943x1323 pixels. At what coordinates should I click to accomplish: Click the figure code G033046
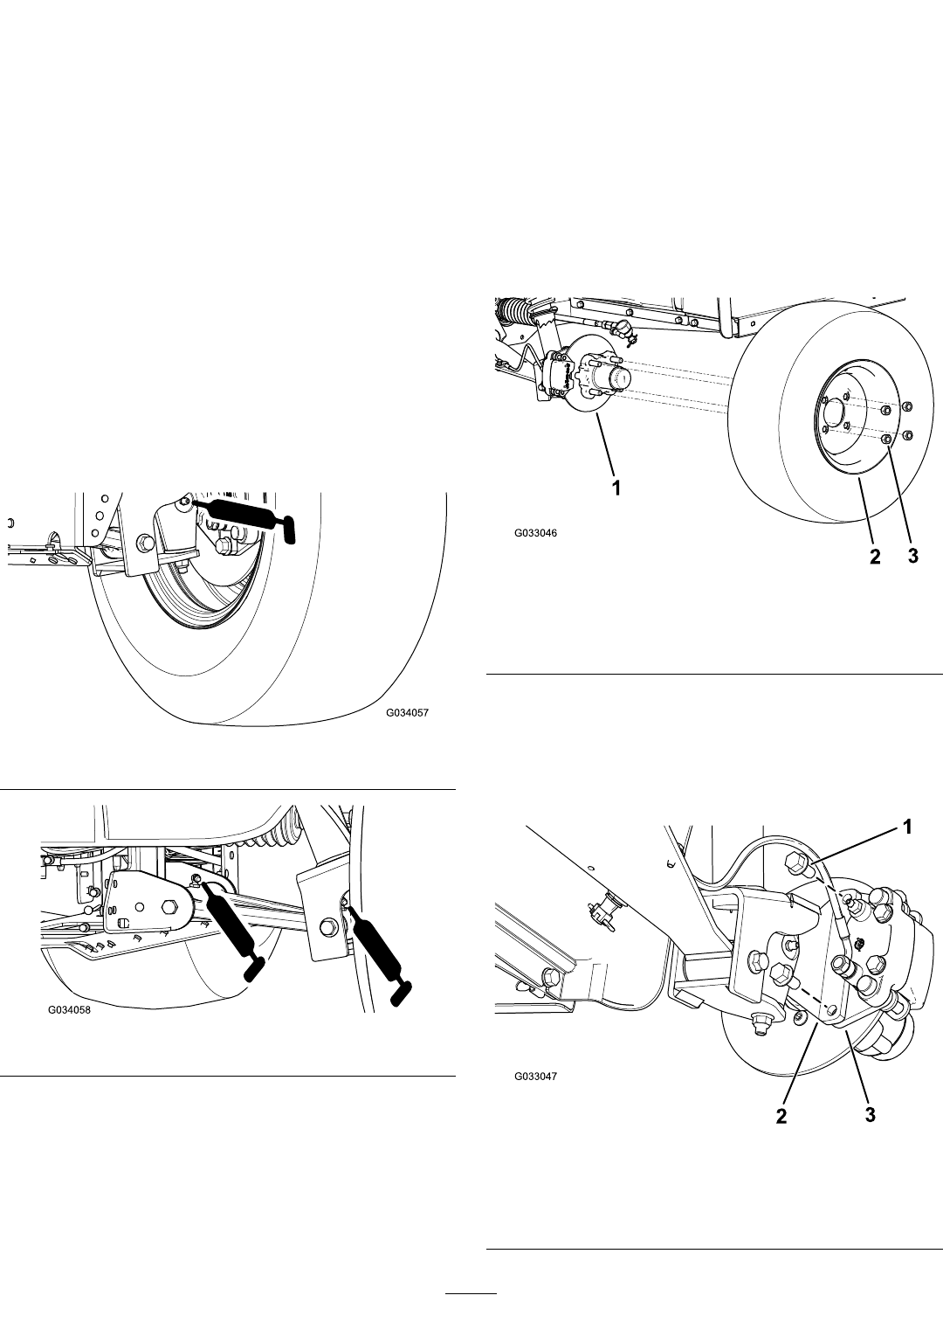(535, 533)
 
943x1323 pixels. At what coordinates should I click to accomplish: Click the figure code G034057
(407, 713)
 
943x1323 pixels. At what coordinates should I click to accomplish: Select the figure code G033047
(535, 1076)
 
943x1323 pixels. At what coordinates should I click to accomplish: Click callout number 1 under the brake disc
(616, 488)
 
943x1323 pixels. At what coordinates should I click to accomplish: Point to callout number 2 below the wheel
(875, 556)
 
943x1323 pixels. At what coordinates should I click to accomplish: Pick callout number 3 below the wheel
(912, 556)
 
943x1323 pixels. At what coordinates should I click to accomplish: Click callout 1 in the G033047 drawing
(907, 828)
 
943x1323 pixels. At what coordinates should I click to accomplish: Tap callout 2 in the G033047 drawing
(781, 1116)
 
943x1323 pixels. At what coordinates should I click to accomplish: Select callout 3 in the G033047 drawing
(870, 1114)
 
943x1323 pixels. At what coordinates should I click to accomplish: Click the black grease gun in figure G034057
(243, 515)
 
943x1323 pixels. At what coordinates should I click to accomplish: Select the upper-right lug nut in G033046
(907, 407)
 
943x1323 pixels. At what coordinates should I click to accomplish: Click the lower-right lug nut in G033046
(907, 435)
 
